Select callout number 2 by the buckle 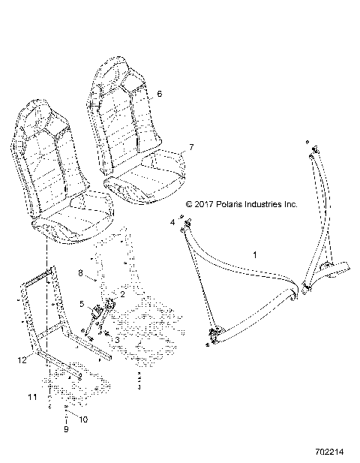tap(123, 294)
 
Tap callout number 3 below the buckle tap(116, 340)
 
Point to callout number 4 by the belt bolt tap(172, 223)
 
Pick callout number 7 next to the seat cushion tap(190, 147)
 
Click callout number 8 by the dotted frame tap(81, 272)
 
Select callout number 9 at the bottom tap(65, 429)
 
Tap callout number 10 tap(82, 419)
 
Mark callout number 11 tap(33, 395)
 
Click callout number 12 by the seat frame tap(23, 359)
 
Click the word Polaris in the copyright tap(238, 203)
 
